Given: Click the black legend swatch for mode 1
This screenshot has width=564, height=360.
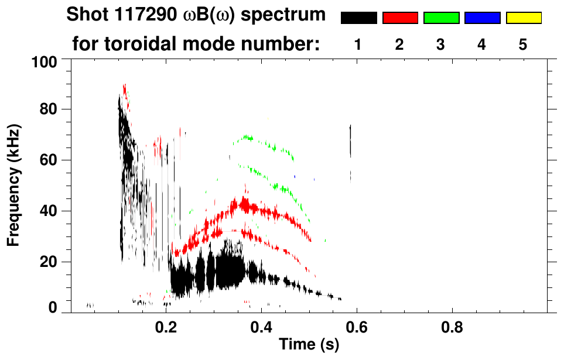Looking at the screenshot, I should pos(358,18).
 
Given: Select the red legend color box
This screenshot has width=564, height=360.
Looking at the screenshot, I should pos(400,18).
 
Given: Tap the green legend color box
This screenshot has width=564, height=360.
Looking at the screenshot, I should pos(441,18).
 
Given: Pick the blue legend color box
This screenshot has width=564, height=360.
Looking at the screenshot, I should pos(482,18).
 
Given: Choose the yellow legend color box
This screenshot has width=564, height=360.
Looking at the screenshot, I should pos(524,18).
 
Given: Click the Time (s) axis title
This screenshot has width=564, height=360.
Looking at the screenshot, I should pos(309,345).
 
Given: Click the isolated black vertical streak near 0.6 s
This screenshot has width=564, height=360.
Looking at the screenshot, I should pos(350,140).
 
